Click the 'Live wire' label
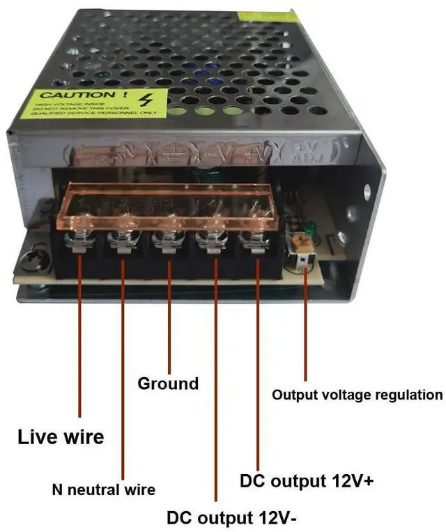click(x=60, y=437)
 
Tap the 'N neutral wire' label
click(x=104, y=489)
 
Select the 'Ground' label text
click(x=168, y=383)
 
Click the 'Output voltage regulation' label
click(x=357, y=395)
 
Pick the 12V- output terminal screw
click(x=209, y=243)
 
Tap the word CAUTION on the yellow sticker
click(x=73, y=95)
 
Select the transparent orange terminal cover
click(x=167, y=206)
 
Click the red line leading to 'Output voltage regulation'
click(x=305, y=328)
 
